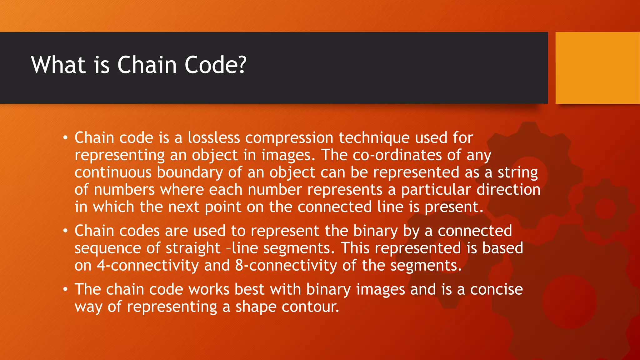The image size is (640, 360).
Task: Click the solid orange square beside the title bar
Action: (x=597, y=68)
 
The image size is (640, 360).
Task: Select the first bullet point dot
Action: (x=65, y=138)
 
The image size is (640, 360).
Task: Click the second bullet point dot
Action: (x=65, y=231)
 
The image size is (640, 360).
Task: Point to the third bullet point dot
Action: (x=65, y=289)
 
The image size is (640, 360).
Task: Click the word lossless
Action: (x=214, y=138)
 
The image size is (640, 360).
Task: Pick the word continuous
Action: (x=113, y=172)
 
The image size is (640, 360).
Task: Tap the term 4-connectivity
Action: (x=147, y=266)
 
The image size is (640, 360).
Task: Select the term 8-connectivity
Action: (x=286, y=266)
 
